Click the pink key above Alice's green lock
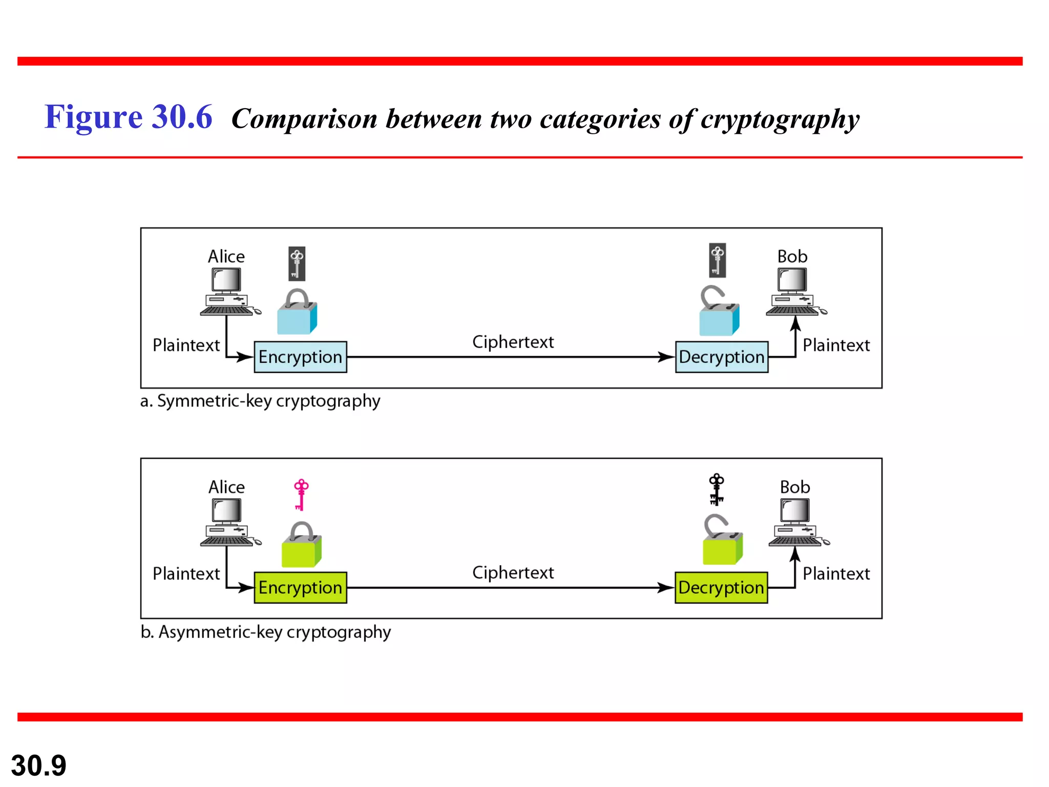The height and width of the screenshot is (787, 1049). pyautogui.click(x=301, y=494)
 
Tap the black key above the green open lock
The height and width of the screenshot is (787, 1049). pyautogui.click(x=716, y=489)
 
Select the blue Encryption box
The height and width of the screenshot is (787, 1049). pyautogui.click(x=300, y=357)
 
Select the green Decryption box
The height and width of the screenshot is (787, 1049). pyautogui.click(x=721, y=587)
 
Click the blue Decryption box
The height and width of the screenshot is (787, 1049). pyautogui.click(x=721, y=357)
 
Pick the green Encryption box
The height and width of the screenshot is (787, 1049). pyautogui.click(x=300, y=587)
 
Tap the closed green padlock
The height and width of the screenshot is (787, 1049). pyautogui.click(x=301, y=546)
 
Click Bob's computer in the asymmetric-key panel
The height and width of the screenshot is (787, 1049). pyautogui.click(x=797, y=523)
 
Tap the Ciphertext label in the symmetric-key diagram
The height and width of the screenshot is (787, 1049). pyautogui.click(x=513, y=342)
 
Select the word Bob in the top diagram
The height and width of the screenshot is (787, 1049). pyautogui.click(x=792, y=256)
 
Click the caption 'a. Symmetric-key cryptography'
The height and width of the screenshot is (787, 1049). pyautogui.click(x=260, y=401)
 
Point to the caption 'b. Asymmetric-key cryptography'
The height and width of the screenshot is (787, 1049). pyautogui.click(x=265, y=632)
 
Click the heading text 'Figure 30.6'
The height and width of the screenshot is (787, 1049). pyautogui.click(x=128, y=117)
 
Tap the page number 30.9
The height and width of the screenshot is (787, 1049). pyautogui.click(x=38, y=765)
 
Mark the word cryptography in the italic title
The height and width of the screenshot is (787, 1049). pyautogui.click(x=780, y=119)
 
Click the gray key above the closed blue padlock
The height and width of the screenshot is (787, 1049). pyautogui.click(x=297, y=263)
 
